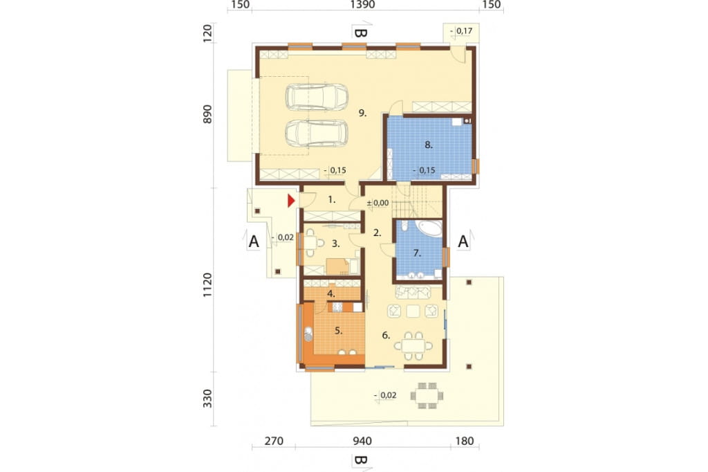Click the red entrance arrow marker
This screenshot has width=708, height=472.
[x=292, y=201]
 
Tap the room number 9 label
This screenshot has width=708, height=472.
[x=362, y=113]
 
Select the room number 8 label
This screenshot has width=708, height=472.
[x=429, y=145]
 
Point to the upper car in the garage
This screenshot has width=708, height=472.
[x=317, y=97]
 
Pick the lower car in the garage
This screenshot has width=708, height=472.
[x=317, y=134]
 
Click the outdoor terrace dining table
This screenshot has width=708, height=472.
[x=427, y=396]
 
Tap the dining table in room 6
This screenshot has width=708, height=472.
[x=413, y=346]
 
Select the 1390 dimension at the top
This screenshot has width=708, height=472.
[x=362, y=5]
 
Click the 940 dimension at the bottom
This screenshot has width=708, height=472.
[x=362, y=441]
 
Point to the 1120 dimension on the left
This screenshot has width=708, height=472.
[x=207, y=285]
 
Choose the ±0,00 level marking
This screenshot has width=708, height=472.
[x=378, y=203]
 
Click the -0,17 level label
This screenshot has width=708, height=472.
[x=461, y=30]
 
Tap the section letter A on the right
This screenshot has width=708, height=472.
[x=463, y=242]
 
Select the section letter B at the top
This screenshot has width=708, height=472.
[x=360, y=33]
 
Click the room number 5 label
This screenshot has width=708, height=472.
[x=339, y=331]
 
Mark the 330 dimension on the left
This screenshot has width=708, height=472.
[x=207, y=399]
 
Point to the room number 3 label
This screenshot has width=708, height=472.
[x=335, y=244]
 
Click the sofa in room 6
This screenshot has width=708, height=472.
[x=413, y=292]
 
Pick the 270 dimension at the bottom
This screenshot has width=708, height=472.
[x=274, y=441]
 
